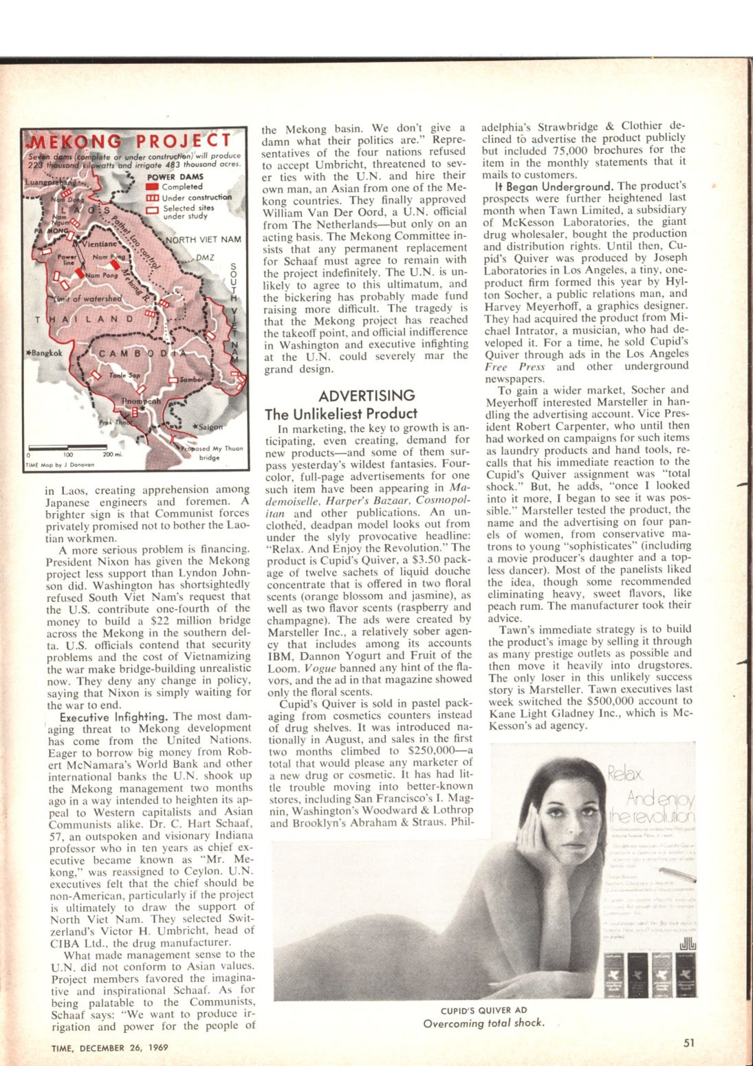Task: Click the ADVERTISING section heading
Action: (367, 395)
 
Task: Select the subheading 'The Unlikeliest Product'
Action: (341, 413)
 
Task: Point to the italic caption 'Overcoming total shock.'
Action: (483, 1023)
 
